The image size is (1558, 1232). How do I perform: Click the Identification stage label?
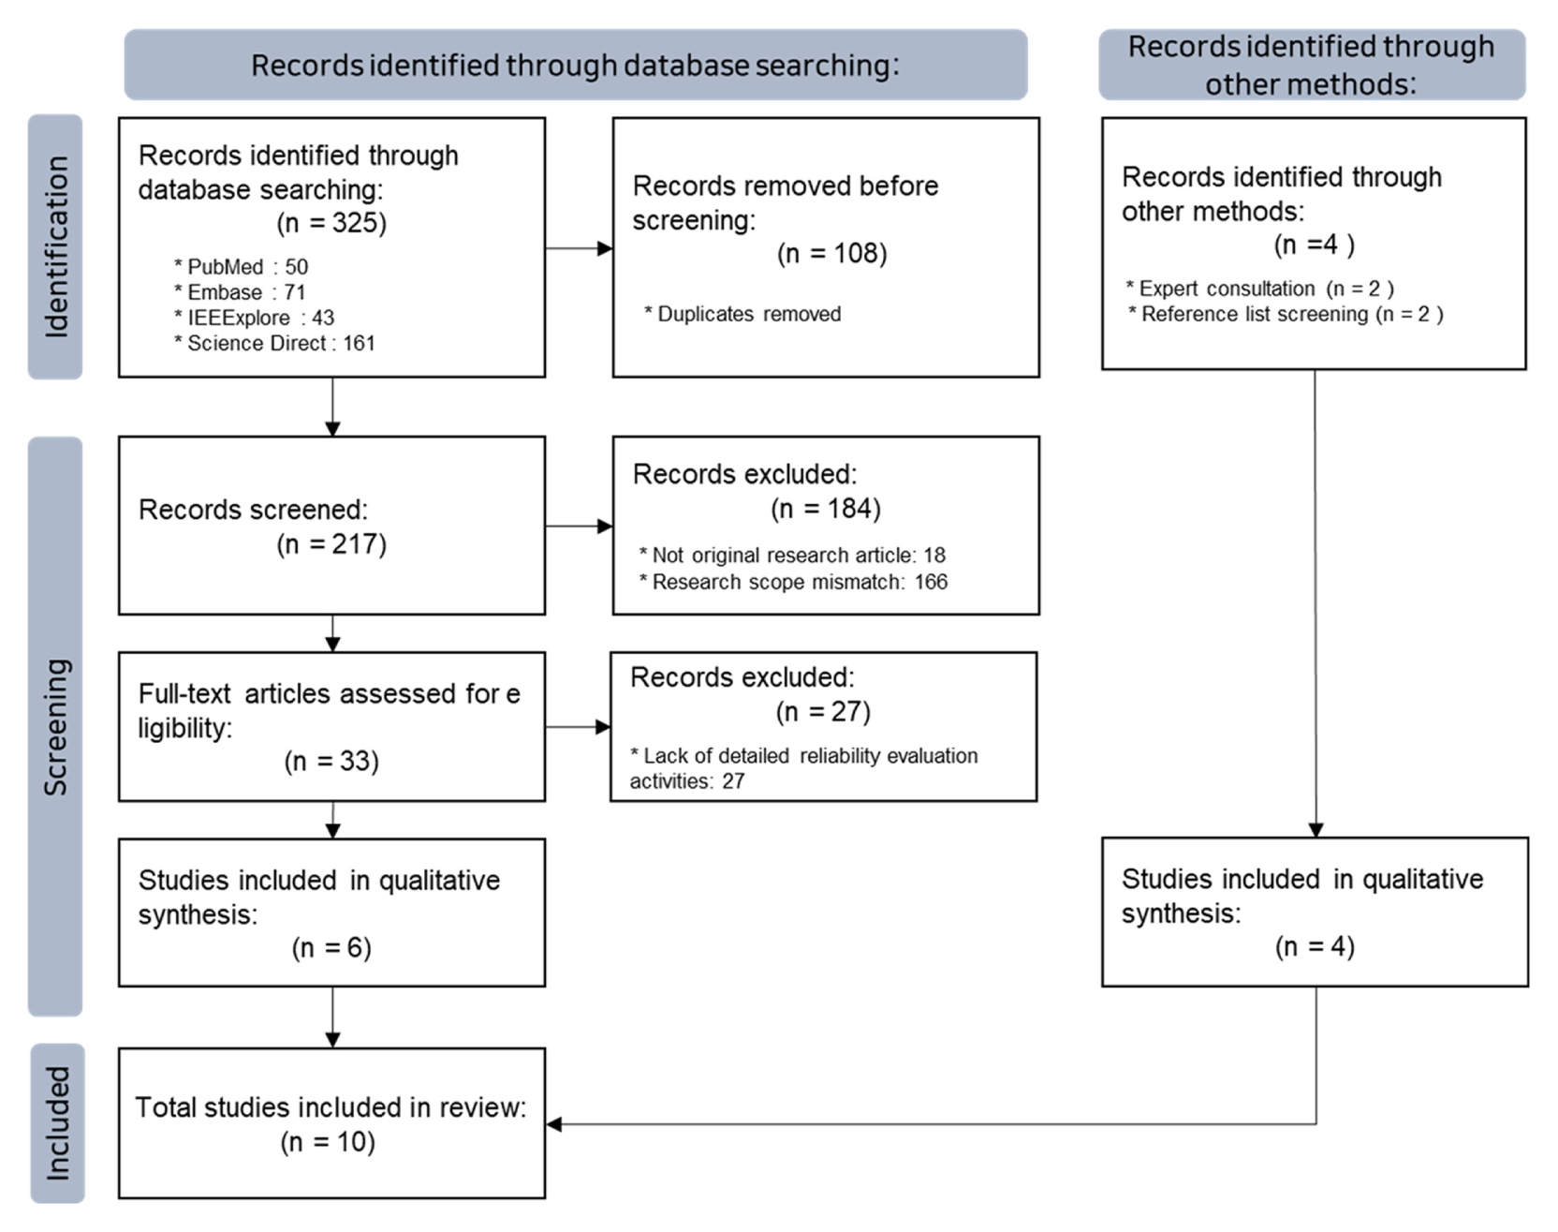pyautogui.click(x=56, y=247)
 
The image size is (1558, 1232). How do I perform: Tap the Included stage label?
pyautogui.click(x=57, y=1123)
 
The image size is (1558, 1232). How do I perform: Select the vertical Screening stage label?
pyautogui.click(x=56, y=727)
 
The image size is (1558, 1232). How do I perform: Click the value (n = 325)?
pyautogui.click(x=331, y=223)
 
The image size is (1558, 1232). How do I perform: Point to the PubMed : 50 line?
pyautogui.click(x=241, y=267)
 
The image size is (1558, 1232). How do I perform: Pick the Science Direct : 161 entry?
pyautogui.click(x=274, y=343)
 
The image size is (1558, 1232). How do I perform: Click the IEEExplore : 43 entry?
pyautogui.click(x=254, y=318)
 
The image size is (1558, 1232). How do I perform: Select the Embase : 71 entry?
pyautogui.click(x=240, y=292)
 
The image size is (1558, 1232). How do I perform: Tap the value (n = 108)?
pyautogui.click(x=832, y=254)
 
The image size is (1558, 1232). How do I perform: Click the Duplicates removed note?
pyautogui.click(x=742, y=314)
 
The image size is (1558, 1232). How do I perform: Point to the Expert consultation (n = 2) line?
pyautogui.click(x=1260, y=289)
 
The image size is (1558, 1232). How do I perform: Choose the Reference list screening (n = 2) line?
pyautogui.click(x=1286, y=314)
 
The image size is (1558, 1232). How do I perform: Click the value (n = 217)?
pyautogui.click(x=331, y=544)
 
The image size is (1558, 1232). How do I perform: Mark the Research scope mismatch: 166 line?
pyautogui.click(x=794, y=582)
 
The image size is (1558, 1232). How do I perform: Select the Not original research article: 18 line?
pyautogui.click(x=792, y=556)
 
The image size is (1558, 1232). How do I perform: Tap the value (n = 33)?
pyautogui.click(x=331, y=761)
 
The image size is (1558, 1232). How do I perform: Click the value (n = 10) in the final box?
pyautogui.click(x=328, y=1142)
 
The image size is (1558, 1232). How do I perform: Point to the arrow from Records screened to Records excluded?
pyautogui.click(x=579, y=527)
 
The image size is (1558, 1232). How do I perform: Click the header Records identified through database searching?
pyautogui.click(x=575, y=66)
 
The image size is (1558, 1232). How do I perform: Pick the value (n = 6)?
pyautogui.click(x=331, y=948)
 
